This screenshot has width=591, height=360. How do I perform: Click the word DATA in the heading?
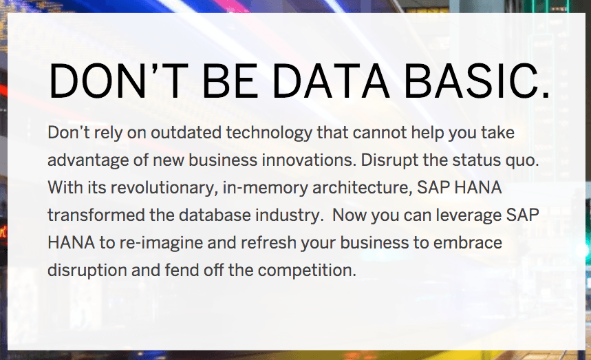(330, 81)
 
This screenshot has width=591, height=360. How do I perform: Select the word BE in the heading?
(230, 81)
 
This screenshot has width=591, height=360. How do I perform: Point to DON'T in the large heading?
(118, 81)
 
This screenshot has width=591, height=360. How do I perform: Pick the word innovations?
(309, 160)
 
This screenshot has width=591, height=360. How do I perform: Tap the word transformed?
(96, 215)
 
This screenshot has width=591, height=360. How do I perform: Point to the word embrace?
(467, 242)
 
